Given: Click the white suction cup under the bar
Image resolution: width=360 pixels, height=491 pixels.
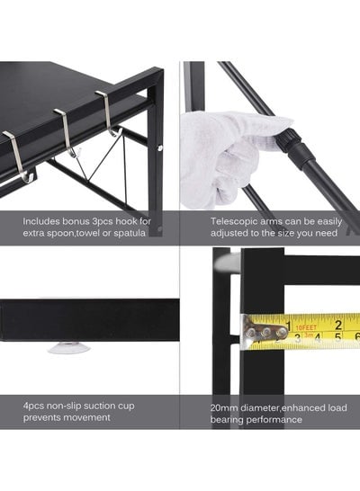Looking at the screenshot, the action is (x=69, y=347).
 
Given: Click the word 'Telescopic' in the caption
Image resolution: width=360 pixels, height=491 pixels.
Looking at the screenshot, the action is (x=231, y=222).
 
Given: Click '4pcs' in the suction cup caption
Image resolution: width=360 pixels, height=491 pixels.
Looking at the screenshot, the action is (x=33, y=406).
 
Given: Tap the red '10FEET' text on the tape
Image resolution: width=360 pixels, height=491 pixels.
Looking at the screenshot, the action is (x=306, y=328).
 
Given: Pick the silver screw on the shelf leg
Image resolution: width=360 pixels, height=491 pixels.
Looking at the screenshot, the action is (x=160, y=147).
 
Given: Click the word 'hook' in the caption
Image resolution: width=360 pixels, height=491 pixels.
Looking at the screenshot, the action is (x=126, y=221).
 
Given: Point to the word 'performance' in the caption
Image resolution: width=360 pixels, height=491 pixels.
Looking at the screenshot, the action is (x=274, y=420).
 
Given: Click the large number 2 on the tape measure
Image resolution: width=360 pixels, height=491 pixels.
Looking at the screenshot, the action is (x=338, y=325).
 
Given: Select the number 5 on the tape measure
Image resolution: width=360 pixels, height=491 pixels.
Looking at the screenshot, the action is (x=337, y=337).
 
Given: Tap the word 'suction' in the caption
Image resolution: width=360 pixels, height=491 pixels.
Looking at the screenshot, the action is (x=100, y=406).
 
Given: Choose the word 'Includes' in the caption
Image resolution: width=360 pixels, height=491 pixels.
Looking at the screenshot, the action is (x=41, y=221).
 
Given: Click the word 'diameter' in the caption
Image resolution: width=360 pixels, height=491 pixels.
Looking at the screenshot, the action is (x=260, y=408).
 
